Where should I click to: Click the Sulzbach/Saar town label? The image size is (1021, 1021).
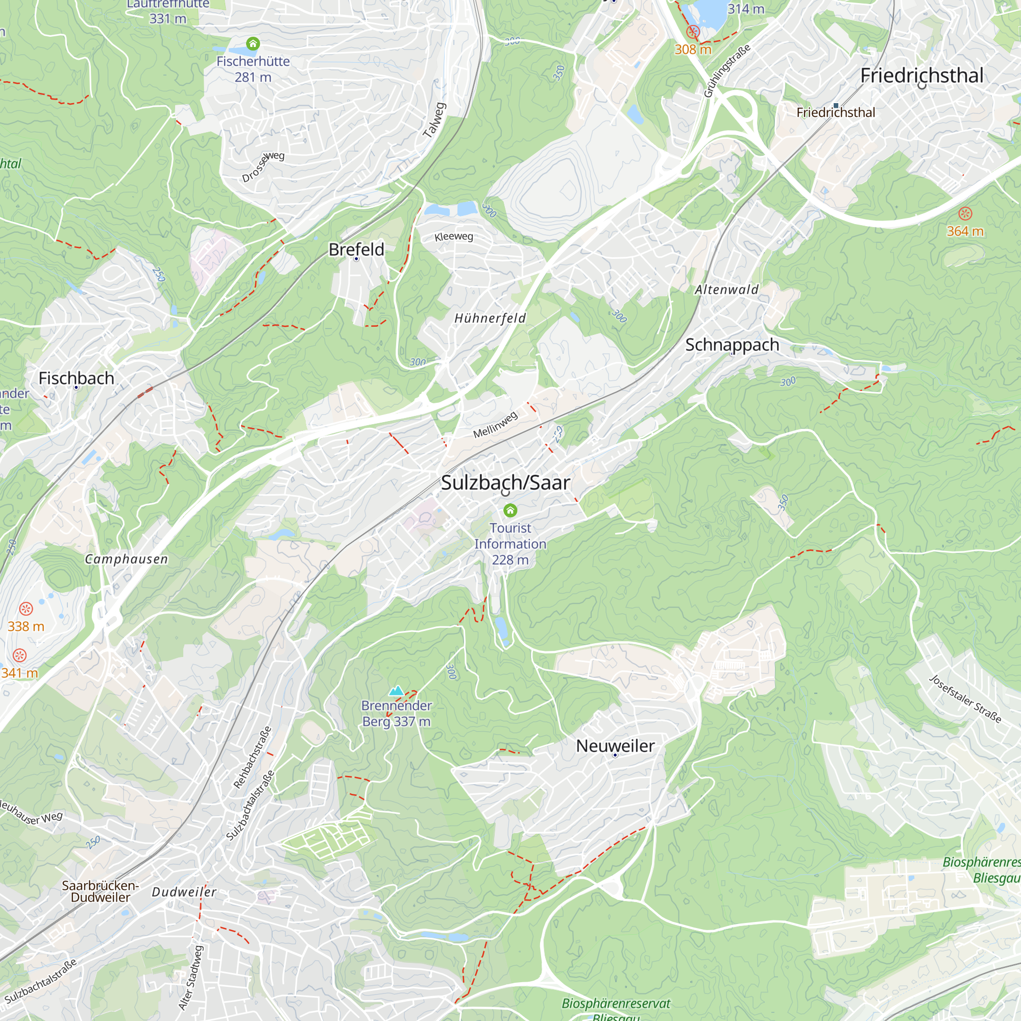click(x=505, y=482)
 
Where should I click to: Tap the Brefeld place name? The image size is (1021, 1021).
click(x=356, y=250)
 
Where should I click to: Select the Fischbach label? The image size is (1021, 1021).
click(x=76, y=378)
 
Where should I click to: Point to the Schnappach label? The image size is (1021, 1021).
click(x=732, y=345)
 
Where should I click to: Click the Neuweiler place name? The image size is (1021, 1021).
click(x=615, y=746)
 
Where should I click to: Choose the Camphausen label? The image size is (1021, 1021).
click(x=126, y=559)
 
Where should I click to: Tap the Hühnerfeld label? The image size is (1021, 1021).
click(x=490, y=318)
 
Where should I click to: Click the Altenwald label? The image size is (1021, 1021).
click(x=726, y=289)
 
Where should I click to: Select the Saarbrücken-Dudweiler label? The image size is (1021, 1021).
click(x=101, y=891)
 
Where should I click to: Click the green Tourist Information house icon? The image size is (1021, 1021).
click(x=510, y=510)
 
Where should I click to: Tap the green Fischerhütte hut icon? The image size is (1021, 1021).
click(x=253, y=43)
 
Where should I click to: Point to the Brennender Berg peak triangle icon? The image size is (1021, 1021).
click(x=396, y=690)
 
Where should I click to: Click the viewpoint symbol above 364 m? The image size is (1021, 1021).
click(x=965, y=213)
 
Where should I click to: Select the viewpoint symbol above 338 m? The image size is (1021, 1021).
click(x=26, y=609)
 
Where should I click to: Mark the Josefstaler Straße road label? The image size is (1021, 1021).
click(x=965, y=699)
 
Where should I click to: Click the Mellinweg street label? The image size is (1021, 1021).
click(x=495, y=425)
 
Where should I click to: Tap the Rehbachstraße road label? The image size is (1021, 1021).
click(x=253, y=757)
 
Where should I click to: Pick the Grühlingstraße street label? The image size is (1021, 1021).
click(x=726, y=71)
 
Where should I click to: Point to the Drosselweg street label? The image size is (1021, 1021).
click(x=263, y=166)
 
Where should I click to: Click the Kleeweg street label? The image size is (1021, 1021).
click(x=453, y=236)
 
